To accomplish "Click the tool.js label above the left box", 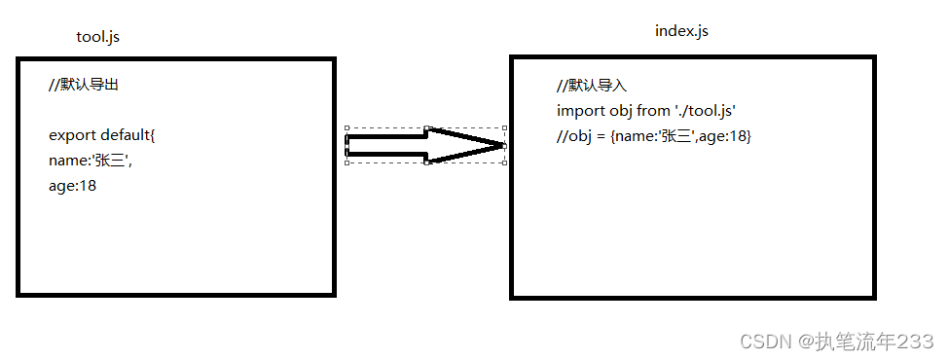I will point(97,37).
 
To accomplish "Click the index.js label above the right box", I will point(681,31).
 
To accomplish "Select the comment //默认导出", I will point(84,85).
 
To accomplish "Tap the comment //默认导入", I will point(592,86).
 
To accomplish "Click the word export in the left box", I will point(72,135).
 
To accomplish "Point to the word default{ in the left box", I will point(128,135).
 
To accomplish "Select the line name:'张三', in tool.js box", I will point(90,161).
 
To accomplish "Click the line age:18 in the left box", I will point(72,186).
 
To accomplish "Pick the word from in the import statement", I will point(653,111).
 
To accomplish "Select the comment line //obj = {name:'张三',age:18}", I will point(653,136).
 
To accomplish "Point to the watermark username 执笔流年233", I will point(874,341).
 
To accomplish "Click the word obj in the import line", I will point(620,111).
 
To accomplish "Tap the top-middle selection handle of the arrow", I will point(427,127).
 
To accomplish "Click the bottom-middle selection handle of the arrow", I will point(427,162).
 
